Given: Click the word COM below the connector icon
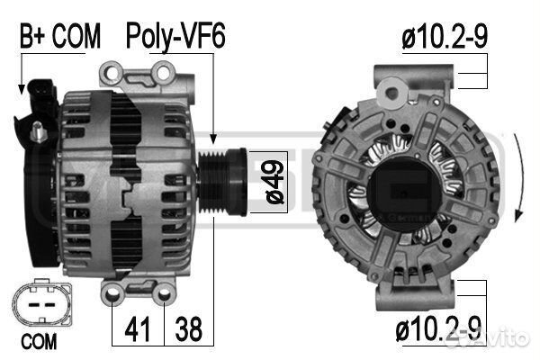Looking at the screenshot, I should pyautogui.click(x=38, y=342).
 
